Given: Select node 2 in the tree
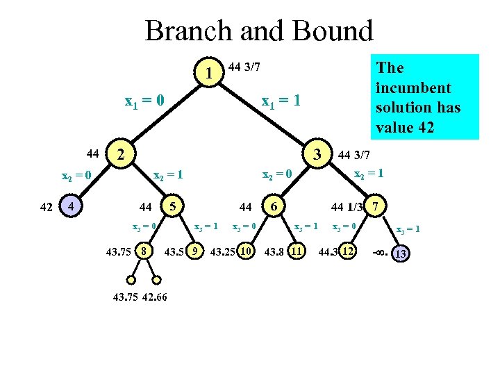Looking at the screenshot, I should [x=121, y=153].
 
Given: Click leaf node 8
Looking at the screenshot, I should [x=144, y=250].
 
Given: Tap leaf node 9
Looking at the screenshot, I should [x=197, y=250].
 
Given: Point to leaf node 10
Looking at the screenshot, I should [x=245, y=250].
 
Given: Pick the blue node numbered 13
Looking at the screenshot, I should [x=400, y=254].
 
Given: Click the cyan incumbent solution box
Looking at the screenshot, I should [x=424, y=97].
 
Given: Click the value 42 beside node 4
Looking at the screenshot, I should [x=47, y=206].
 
